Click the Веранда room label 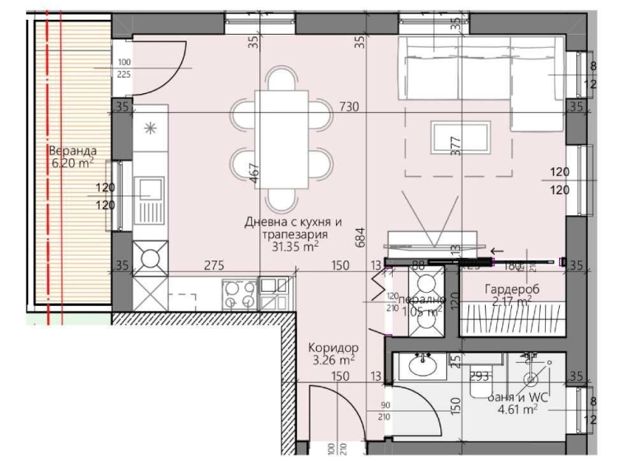72,151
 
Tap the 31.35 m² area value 289,245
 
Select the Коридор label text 334,348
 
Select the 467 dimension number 255,172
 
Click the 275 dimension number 216,265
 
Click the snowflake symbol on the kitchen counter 150,128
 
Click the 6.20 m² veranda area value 72,163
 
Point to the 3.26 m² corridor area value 334,359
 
